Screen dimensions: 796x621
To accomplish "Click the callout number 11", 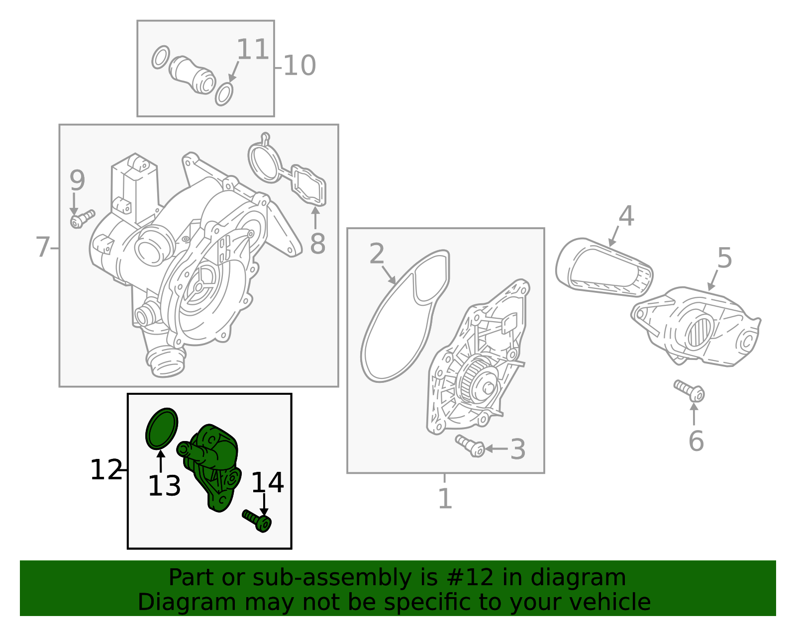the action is click(x=253, y=49).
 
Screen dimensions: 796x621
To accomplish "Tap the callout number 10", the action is click(x=299, y=66).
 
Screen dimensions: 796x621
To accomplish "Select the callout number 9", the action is click(x=77, y=180).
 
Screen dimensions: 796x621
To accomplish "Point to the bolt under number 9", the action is click(x=83, y=219).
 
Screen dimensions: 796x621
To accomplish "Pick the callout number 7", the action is click(x=42, y=247).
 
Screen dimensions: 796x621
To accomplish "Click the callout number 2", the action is click(x=377, y=253).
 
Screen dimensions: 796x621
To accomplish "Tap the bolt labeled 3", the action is click(x=470, y=445).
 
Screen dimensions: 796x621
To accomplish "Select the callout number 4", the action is click(x=626, y=216).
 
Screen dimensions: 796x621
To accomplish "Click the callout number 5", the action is click(x=724, y=258).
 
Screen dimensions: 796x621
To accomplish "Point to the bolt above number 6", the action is click(x=689, y=391).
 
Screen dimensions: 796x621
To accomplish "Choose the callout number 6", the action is click(x=696, y=441).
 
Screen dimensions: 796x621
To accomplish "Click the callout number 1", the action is click(x=445, y=498).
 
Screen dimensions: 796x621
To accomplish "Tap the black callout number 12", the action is click(x=106, y=470).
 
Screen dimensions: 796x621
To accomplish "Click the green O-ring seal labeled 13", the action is click(x=162, y=428).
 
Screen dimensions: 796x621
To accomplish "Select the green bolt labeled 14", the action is click(x=257, y=521).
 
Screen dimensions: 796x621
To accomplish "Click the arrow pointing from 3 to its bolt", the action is click(x=496, y=448).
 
